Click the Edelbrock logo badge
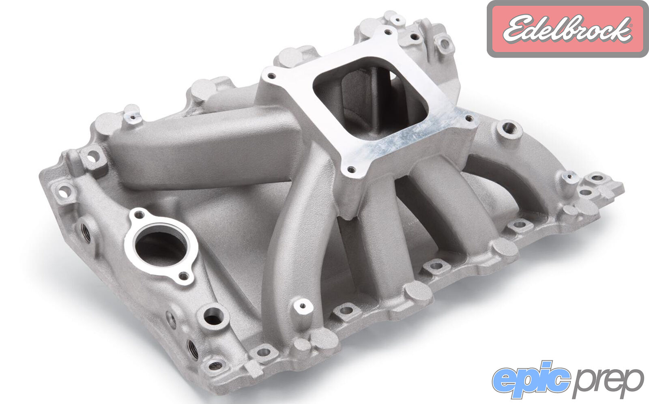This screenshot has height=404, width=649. coord(567,29)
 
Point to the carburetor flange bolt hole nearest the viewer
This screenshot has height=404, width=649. coord(351,169)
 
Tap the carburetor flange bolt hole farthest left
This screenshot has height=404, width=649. coord(271,76)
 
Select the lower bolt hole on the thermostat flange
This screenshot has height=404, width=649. coord(183,275)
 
